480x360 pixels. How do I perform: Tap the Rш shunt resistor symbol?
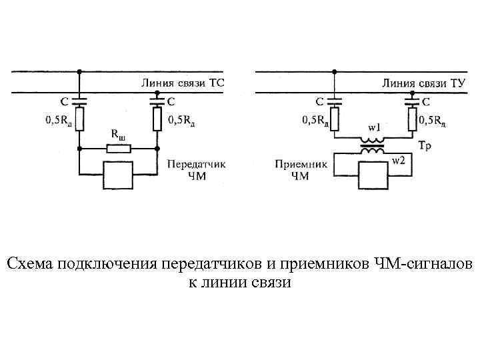point(118,147)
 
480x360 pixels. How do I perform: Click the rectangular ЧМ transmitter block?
point(117,175)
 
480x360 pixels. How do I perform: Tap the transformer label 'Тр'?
point(424,145)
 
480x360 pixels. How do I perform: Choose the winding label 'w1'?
point(373,127)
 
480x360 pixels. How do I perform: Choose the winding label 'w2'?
point(398,161)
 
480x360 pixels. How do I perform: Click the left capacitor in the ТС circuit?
point(80,101)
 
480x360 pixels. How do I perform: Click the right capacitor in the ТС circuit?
point(157,101)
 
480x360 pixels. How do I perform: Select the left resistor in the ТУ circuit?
point(335,120)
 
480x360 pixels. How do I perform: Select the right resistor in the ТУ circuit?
point(411,120)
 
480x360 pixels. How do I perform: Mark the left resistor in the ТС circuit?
point(80,120)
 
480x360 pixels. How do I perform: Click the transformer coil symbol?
point(372,145)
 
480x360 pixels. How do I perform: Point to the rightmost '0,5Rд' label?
point(433,121)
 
